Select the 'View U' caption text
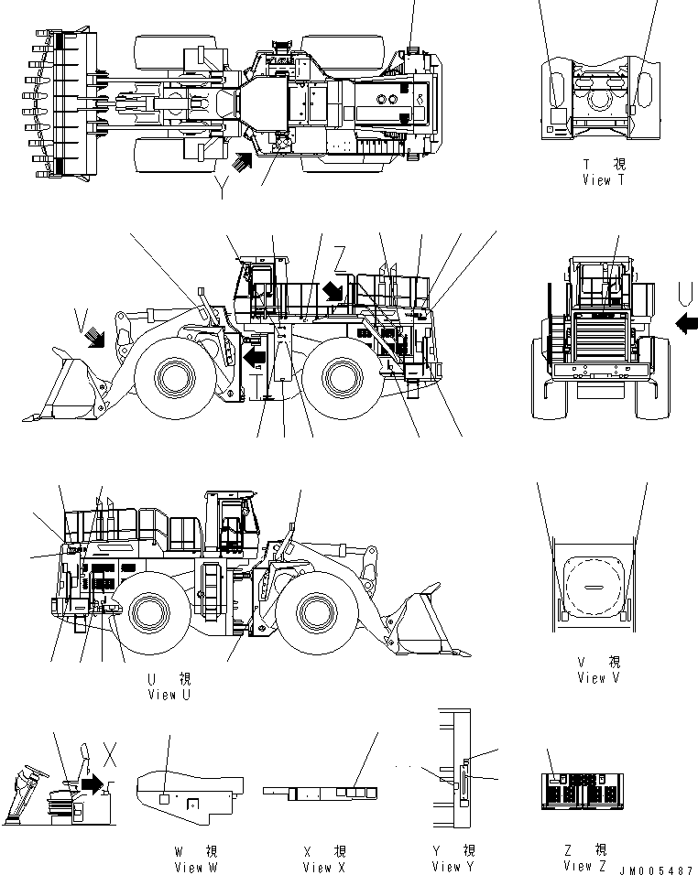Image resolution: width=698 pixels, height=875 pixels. tap(169, 695)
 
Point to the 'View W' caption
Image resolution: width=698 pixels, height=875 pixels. tap(196, 867)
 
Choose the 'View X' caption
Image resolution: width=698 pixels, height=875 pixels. tap(325, 867)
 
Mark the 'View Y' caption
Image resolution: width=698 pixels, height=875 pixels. tap(453, 866)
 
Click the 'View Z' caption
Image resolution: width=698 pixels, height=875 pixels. tap(584, 865)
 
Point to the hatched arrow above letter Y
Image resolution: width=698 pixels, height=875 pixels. tap(241, 162)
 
